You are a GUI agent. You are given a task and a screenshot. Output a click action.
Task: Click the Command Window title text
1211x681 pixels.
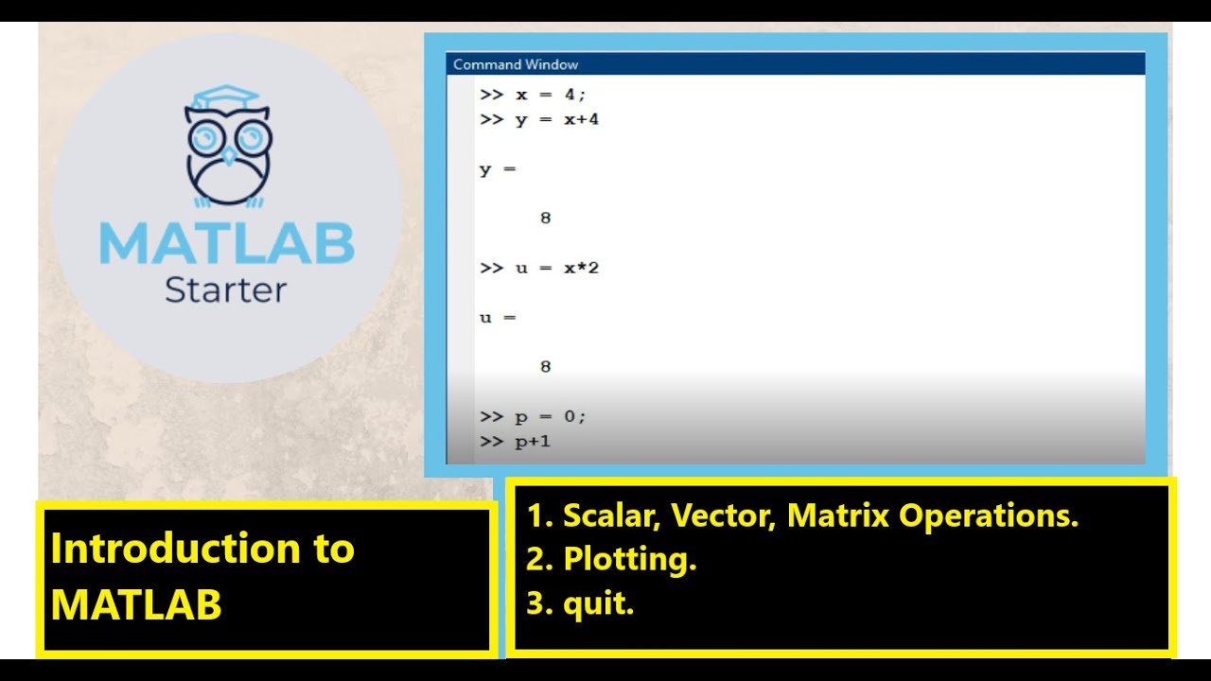[x=516, y=64]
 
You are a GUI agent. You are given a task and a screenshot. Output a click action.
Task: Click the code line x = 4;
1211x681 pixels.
[x=546, y=95]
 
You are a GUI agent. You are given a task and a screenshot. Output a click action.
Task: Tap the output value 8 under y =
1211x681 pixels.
[x=545, y=218]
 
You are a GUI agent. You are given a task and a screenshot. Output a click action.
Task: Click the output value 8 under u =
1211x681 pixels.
[x=545, y=367]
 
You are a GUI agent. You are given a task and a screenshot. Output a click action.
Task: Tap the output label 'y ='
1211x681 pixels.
[x=498, y=170]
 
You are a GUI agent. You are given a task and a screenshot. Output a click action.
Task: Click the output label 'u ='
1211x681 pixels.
[x=498, y=318]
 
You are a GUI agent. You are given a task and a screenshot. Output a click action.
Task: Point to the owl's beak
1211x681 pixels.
[x=227, y=154]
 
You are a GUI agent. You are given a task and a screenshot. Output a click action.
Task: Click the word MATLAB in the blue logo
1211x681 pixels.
[x=226, y=243]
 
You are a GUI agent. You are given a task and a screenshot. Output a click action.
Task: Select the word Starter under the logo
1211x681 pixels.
[x=225, y=289]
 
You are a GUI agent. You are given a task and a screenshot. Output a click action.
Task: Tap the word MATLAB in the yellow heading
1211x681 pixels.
[x=136, y=604]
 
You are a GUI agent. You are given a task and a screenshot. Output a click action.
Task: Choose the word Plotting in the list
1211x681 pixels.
[x=628, y=560]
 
